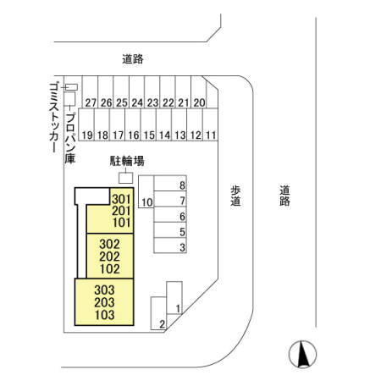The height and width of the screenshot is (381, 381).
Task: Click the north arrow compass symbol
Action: point(302,354)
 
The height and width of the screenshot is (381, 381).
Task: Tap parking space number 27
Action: point(90,91)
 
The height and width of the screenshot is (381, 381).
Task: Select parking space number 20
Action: point(199,91)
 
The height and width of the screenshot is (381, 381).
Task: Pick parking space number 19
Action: point(86,124)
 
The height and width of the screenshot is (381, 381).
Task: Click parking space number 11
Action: point(210,124)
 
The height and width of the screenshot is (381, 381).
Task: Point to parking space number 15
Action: point(148,124)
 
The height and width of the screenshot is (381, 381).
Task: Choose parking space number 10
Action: point(146,192)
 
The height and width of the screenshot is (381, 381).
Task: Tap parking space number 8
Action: point(170,183)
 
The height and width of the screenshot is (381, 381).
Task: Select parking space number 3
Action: point(170,245)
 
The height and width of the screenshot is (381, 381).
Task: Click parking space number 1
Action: point(174,297)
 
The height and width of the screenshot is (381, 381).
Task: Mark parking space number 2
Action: point(158,313)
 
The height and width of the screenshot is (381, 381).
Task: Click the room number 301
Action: point(121,199)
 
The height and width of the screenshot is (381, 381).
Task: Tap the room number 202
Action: point(109,257)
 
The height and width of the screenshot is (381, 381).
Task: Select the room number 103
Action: point(104,315)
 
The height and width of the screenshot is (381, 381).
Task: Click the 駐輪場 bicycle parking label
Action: point(127,161)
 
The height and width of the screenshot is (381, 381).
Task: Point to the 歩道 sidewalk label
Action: point(235,196)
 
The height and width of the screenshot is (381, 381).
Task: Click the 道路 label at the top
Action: point(133,59)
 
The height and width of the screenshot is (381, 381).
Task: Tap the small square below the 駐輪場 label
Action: point(125,178)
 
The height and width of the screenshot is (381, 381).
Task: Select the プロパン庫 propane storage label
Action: point(70,138)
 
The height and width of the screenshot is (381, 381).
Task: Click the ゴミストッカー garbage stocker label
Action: point(54,118)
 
